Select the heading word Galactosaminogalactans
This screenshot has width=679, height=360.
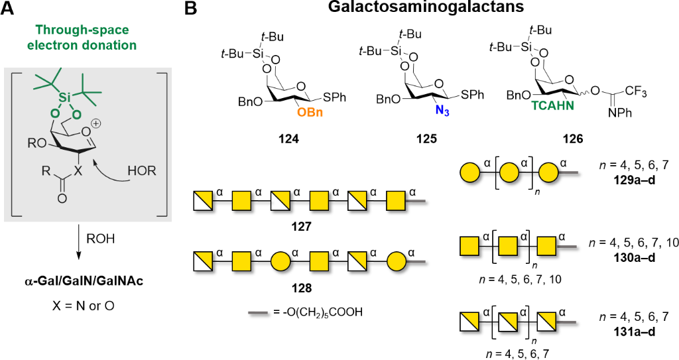coord(426,10)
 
